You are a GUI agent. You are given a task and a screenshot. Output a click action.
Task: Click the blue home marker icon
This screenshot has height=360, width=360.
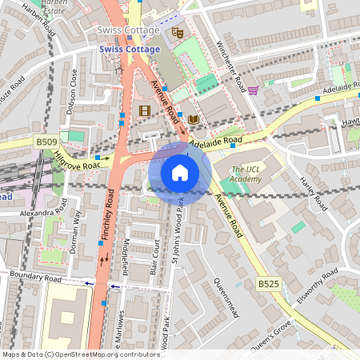pyautogui.click(x=180, y=172)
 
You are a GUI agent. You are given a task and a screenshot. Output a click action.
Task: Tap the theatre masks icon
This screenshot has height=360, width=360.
pyautogui.click(x=178, y=34)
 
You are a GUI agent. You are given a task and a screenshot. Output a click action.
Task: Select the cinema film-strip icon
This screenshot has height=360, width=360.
pyautogui.click(x=144, y=110)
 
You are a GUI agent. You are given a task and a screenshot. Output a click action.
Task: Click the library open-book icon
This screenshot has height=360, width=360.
pyautogui.click(x=194, y=120)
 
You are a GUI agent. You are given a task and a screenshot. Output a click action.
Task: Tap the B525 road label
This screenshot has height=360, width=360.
pyautogui.click(x=268, y=284)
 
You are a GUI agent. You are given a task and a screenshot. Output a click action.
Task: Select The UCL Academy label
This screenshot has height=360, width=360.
pyautogui.click(x=246, y=174)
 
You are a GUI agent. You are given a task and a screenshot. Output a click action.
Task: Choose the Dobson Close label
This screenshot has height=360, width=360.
pyautogui.click(x=74, y=90)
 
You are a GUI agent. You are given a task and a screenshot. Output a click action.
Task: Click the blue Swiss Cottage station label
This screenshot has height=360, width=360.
pyautogui.click(x=131, y=48)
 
